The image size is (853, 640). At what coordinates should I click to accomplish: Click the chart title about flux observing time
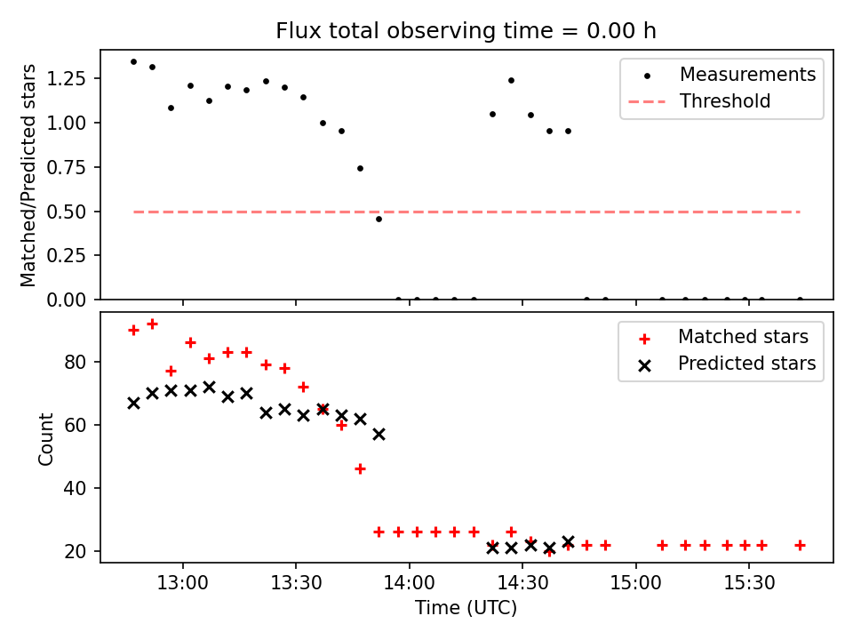click(x=466, y=31)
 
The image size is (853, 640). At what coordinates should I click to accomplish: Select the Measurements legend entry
click(x=747, y=75)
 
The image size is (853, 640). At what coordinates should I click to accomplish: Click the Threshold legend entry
click(x=725, y=101)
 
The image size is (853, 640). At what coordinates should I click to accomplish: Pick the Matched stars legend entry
click(x=743, y=337)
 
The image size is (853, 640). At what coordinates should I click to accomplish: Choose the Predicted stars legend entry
click(x=746, y=364)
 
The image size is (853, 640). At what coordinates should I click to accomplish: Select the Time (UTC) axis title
click(x=466, y=609)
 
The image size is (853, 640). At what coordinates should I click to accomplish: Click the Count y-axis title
click(x=45, y=438)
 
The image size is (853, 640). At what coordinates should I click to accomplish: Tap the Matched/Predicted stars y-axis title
click(x=29, y=175)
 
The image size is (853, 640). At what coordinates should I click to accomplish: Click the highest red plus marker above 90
click(x=152, y=324)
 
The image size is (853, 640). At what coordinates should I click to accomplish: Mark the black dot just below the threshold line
click(x=379, y=219)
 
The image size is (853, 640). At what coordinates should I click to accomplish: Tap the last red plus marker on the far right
click(x=800, y=545)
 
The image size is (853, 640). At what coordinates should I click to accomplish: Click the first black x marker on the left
click(x=133, y=403)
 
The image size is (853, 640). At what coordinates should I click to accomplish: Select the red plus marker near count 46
click(x=360, y=468)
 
